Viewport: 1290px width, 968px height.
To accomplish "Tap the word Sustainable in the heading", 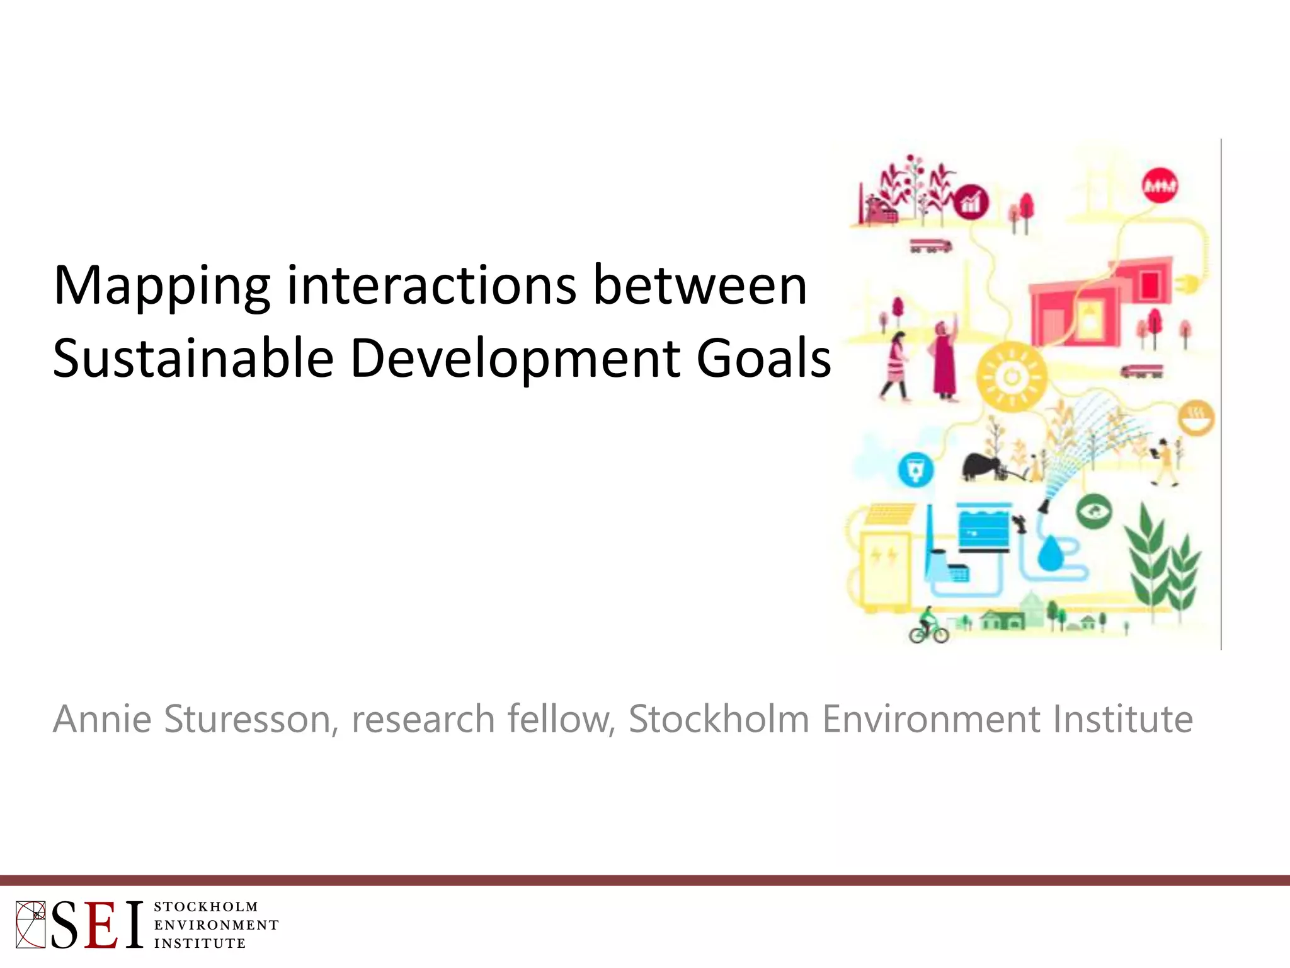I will click(x=193, y=359).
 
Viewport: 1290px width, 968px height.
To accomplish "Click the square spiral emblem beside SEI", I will click(x=30, y=925).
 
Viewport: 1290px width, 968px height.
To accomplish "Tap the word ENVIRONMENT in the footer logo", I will click(x=216, y=925).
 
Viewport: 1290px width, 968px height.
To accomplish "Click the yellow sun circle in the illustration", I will click(x=1012, y=377).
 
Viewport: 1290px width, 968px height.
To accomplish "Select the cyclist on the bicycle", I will click(x=928, y=625).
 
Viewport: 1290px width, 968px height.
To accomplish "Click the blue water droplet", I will click(x=1050, y=553).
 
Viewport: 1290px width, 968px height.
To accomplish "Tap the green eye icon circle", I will click(x=1095, y=511).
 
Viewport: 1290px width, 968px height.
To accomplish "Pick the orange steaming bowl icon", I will click(x=1196, y=418).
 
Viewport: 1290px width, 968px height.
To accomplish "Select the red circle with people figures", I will click(x=1160, y=185).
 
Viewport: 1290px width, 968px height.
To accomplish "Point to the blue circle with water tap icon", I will click(x=915, y=470).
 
